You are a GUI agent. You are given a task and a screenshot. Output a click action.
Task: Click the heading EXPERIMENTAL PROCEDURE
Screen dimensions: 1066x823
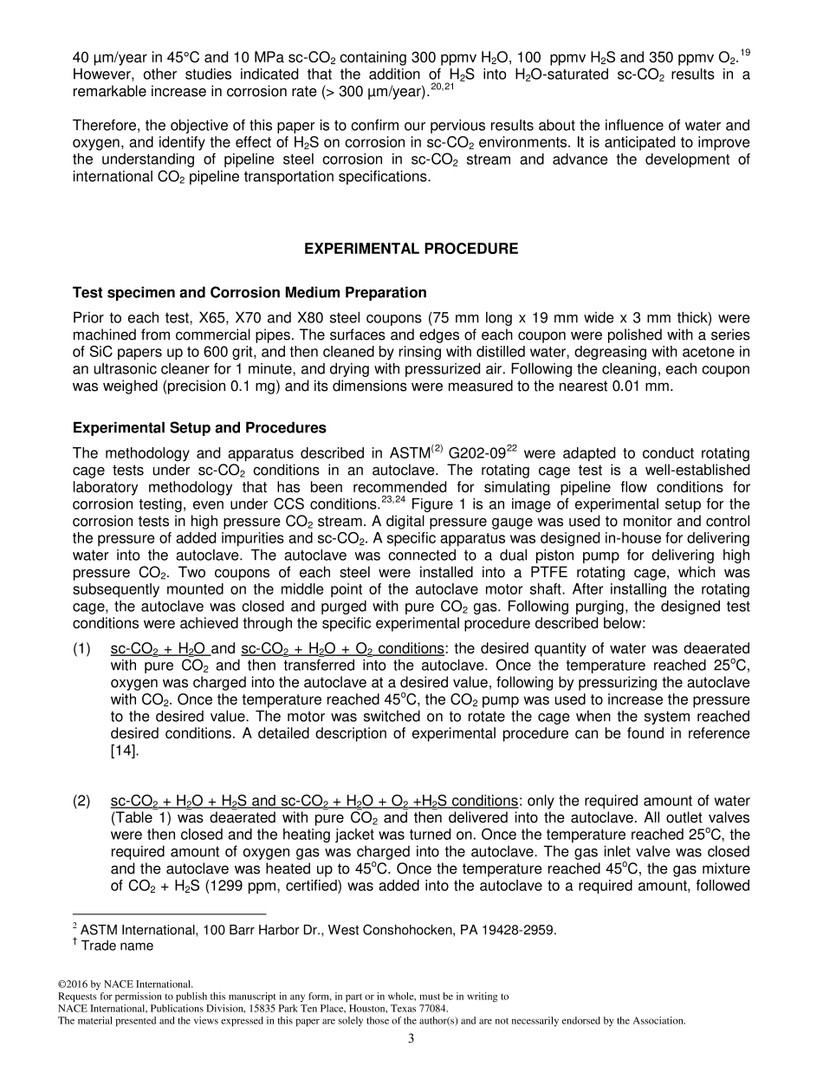click(411, 249)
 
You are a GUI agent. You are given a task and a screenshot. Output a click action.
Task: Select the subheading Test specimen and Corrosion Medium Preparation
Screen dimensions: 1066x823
click(249, 292)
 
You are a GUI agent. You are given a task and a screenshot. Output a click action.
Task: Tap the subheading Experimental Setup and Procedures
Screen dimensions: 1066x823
click(199, 427)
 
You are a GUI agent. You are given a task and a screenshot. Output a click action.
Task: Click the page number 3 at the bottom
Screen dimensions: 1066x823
click(411, 1039)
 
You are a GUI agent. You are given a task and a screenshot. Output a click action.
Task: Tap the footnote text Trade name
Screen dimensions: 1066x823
click(117, 946)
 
